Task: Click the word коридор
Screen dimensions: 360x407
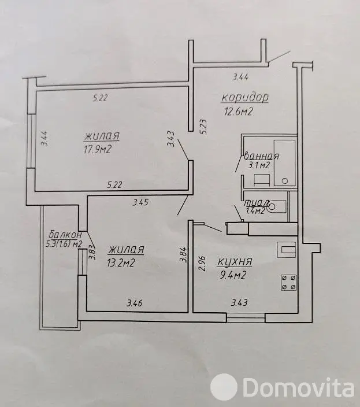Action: [x=245, y=98]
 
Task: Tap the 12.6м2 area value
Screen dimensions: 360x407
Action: [x=238, y=112]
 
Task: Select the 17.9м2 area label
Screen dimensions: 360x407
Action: [x=98, y=150]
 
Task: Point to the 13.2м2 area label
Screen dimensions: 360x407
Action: [x=121, y=263]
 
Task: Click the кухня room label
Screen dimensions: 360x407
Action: [x=235, y=262]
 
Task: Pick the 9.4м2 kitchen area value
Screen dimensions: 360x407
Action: [x=233, y=275]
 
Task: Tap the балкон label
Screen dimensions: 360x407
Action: [x=65, y=235]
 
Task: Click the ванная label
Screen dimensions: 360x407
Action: [x=261, y=156]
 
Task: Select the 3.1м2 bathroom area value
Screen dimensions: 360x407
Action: [x=259, y=165]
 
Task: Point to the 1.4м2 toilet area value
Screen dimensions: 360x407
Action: [x=255, y=211]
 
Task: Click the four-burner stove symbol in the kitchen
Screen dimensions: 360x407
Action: [x=288, y=282]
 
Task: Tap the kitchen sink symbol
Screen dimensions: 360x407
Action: [x=287, y=249]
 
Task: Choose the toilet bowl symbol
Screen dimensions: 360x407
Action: [x=277, y=206]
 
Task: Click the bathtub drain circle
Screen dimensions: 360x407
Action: [x=285, y=181]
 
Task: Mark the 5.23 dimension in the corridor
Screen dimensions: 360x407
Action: [x=203, y=127]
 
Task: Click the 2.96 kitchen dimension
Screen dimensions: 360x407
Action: [x=203, y=264]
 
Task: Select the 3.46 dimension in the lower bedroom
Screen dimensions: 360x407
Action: [x=135, y=303]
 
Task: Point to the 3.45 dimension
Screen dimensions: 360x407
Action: [x=140, y=202]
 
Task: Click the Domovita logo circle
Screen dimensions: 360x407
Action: [x=224, y=388]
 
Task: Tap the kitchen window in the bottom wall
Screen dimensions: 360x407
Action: [x=246, y=318]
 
